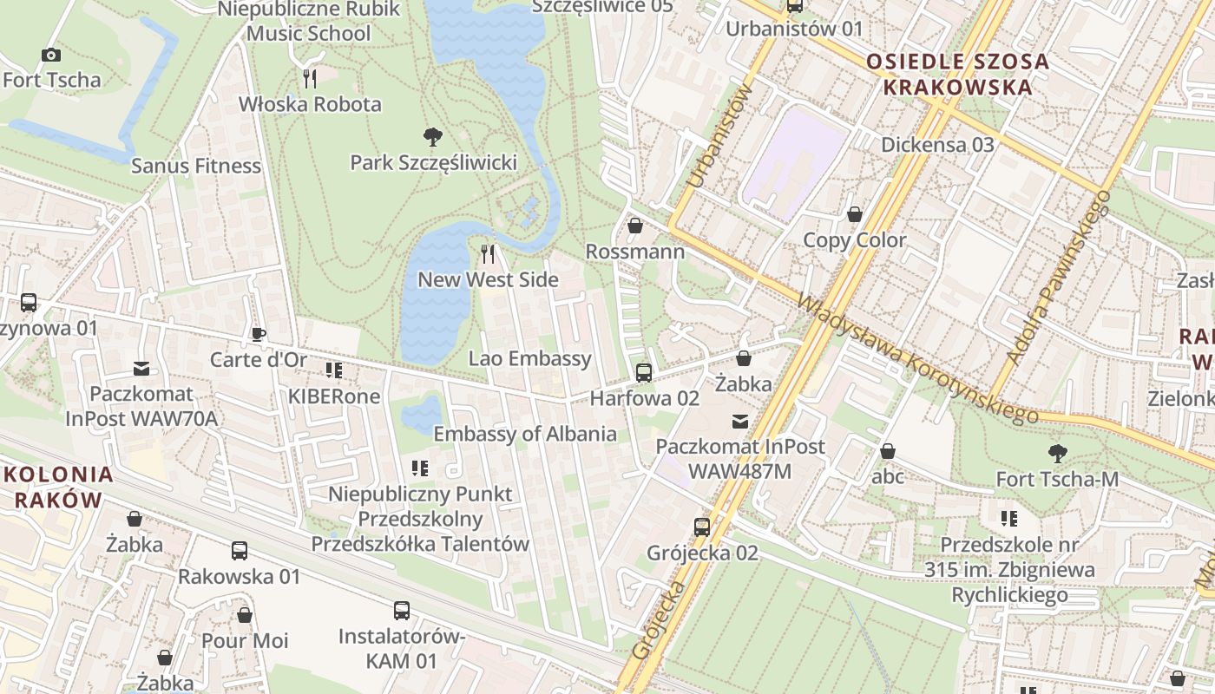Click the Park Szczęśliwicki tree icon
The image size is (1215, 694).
coord(432,136)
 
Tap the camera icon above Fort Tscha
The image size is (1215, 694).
coord(51,55)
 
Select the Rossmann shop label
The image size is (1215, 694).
coord(635,252)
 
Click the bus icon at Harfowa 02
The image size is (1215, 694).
coord(643,373)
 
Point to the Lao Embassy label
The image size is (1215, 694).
coord(529,358)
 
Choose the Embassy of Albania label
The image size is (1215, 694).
coord(525,434)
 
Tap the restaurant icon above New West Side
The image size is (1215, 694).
coord(488,253)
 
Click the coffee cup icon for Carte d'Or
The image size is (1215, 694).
coord(258,334)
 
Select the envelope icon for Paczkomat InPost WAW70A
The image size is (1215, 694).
coord(141,370)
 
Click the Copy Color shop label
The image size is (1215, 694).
coord(854,240)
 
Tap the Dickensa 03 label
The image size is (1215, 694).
coord(937,145)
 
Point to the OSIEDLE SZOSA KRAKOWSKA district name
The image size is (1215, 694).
coord(957,75)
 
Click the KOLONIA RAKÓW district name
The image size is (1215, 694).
coord(59,487)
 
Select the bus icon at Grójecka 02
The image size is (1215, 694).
coord(702,527)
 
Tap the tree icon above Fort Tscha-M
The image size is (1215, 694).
coord(1057,452)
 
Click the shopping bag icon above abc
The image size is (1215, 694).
coord(888,451)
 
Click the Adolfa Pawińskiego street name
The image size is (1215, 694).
coord(1058,277)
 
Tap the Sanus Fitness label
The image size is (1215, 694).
coord(196,166)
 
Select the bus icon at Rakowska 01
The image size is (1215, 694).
coord(240,550)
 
